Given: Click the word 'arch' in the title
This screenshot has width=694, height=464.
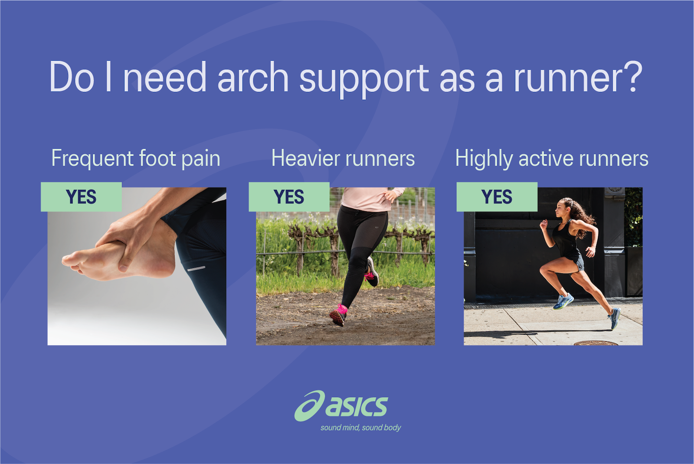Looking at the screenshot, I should (x=253, y=78).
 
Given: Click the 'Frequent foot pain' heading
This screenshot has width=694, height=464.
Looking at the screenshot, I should (x=136, y=158).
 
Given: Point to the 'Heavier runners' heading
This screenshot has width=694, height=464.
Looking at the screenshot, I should (x=343, y=158).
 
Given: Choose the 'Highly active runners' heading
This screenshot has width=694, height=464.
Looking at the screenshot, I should (x=552, y=158).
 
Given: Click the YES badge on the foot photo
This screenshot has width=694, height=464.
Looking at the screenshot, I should (x=81, y=197).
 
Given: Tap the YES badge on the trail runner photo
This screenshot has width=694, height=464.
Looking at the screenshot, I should (x=289, y=197).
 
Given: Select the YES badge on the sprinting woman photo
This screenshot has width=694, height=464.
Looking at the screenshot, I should (x=497, y=197).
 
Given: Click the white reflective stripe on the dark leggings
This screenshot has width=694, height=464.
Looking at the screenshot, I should (x=196, y=269).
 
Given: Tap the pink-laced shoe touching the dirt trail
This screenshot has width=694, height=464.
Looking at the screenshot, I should (x=338, y=315).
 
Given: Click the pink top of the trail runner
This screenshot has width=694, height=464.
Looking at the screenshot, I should (x=369, y=199).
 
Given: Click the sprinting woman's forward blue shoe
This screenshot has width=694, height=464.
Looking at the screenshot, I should (x=563, y=301).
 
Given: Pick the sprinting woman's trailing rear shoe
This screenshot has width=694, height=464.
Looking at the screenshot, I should (x=614, y=318).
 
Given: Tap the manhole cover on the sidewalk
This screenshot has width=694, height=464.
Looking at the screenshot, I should (x=596, y=343).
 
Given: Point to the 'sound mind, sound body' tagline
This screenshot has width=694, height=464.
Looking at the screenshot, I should (x=360, y=428).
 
